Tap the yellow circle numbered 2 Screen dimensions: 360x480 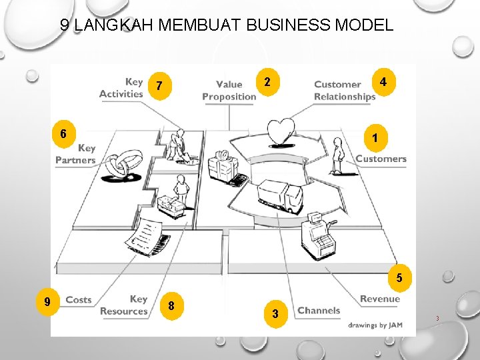[x=267, y=83]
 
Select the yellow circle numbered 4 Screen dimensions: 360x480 [x=383, y=82]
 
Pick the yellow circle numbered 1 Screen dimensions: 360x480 [x=376, y=137]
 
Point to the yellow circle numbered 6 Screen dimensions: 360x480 [x=63, y=133]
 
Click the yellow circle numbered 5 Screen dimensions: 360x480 [x=399, y=277]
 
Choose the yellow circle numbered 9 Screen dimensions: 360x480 [x=47, y=301]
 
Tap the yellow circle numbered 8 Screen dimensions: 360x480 [x=172, y=306]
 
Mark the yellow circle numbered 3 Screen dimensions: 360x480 [x=274, y=313]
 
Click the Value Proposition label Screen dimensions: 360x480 [x=229, y=90]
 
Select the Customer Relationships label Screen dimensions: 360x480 [x=345, y=90]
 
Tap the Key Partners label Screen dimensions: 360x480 [x=76, y=154]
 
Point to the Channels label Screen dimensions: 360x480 [x=319, y=310]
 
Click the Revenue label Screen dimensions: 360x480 [x=379, y=299]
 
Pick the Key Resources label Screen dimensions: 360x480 [x=125, y=305]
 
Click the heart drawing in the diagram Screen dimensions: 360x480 [x=281, y=130]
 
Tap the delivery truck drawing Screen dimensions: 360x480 [x=279, y=194]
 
